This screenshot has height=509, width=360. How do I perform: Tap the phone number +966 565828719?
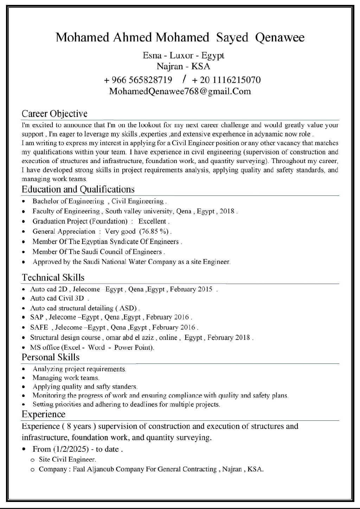pos(138,80)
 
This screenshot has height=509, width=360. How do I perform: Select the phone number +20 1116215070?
pos(226,80)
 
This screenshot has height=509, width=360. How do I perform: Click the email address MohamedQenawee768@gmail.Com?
pos(180,91)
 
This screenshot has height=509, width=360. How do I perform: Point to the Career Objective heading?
pos(54,114)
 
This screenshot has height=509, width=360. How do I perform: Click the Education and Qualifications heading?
pos(78,189)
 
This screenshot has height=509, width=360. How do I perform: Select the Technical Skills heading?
pos(53,277)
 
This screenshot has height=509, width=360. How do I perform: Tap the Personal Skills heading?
pos(51,357)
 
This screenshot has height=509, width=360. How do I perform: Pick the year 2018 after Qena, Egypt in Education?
pos(227,211)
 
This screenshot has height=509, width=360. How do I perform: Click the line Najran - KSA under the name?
pos(183,66)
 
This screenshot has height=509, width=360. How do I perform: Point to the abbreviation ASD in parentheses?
pos(127,308)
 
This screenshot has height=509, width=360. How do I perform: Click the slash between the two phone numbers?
pos(185,79)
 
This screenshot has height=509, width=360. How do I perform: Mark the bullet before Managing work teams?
pos(23,378)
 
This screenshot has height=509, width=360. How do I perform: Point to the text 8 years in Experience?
pos(79,426)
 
